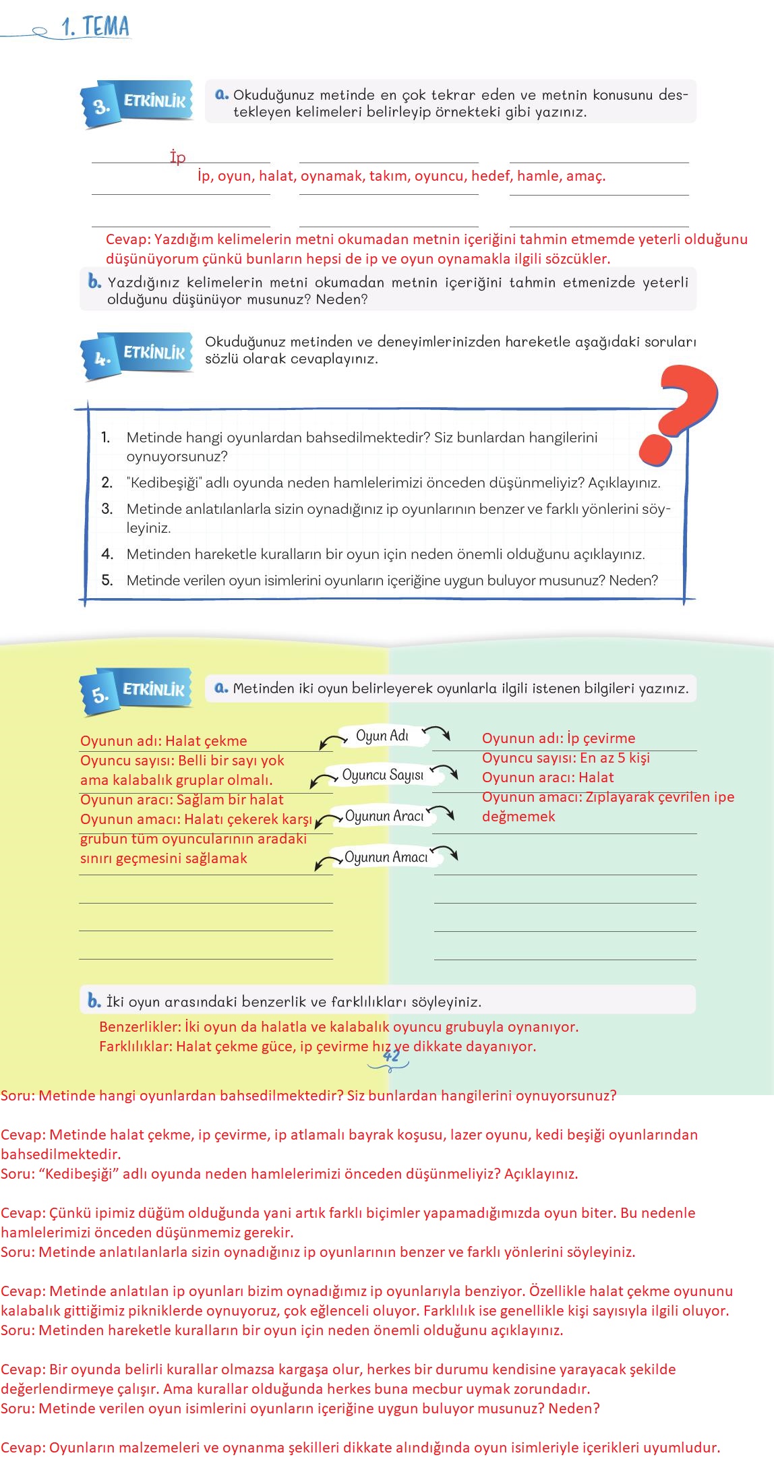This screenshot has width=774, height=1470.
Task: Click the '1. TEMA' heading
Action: [x=95, y=27]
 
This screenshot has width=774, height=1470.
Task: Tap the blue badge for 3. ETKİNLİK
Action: [x=138, y=102]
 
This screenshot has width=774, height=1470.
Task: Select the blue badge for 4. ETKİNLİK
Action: [x=138, y=355]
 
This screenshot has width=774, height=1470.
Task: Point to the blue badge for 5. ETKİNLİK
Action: [x=138, y=691]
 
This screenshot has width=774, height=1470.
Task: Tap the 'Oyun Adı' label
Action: [x=382, y=736]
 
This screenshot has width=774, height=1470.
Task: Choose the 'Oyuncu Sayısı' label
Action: [x=383, y=775]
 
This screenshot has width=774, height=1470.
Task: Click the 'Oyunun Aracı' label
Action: [x=384, y=816]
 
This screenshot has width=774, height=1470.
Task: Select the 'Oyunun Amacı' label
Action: [x=386, y=857]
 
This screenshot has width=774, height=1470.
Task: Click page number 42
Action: [x=391, y=1056]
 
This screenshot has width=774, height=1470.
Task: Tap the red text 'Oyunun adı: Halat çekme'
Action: [x=164, y=741]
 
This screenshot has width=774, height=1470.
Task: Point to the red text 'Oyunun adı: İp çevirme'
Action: [x=558, y=738]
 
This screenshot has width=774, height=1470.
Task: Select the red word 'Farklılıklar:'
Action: [x=136, y=1047]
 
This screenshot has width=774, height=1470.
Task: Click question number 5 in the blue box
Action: [x=107, y=581]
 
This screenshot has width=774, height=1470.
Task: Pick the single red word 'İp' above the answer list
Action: [x=177, y=157]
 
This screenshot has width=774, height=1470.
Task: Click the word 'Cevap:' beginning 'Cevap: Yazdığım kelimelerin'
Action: [x=128, y=239]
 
